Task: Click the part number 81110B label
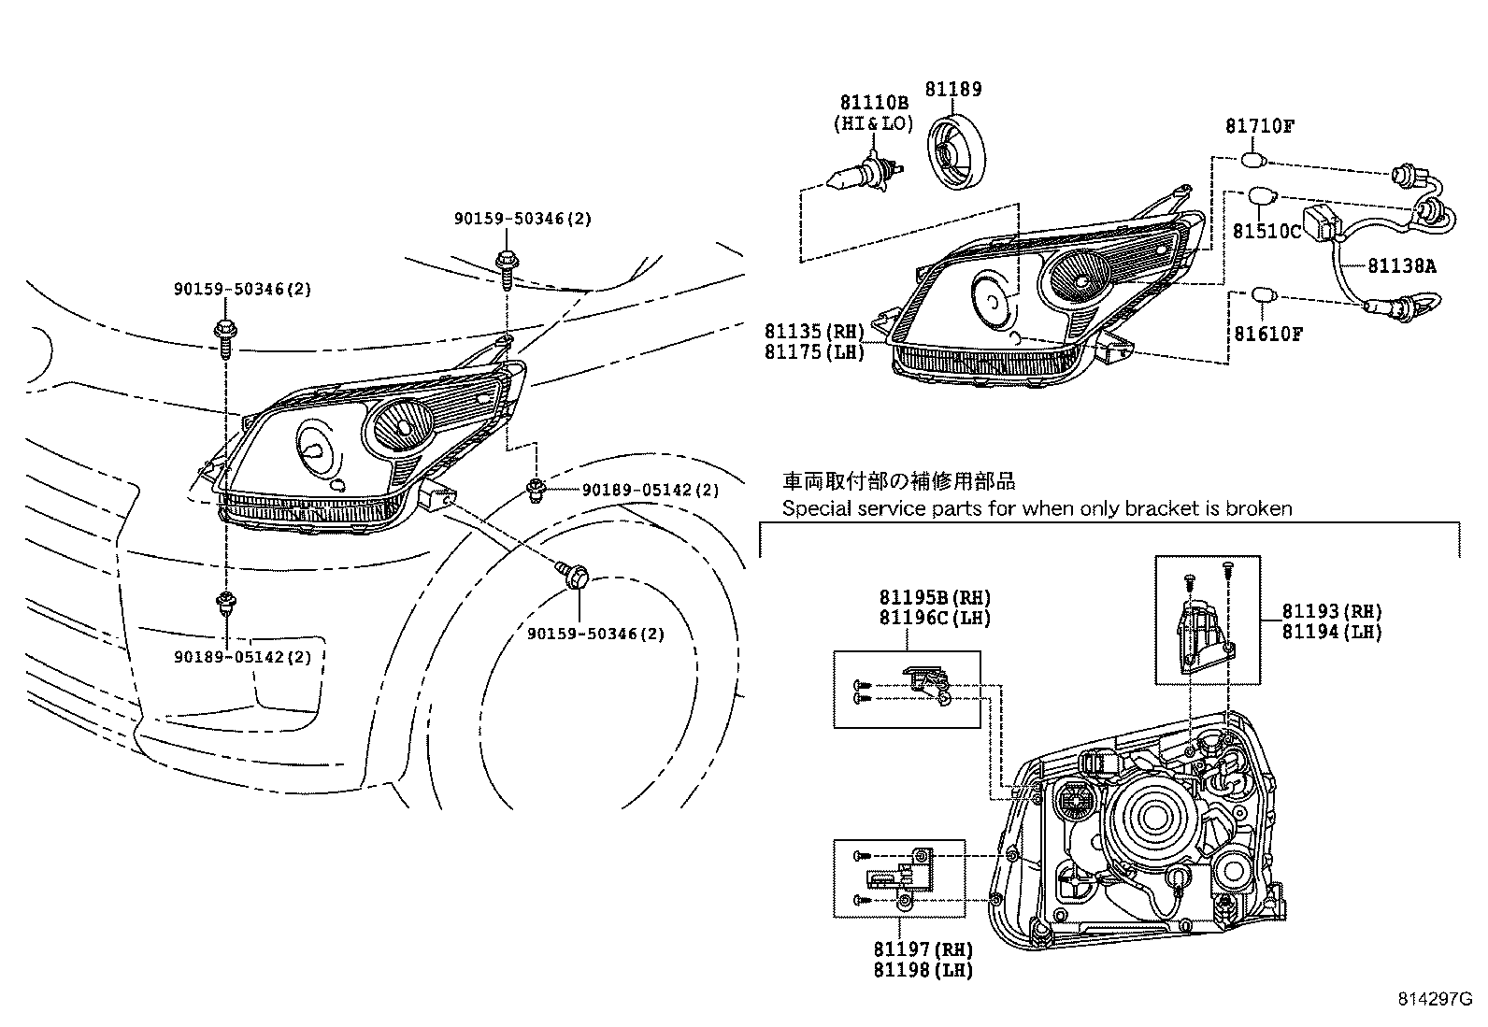(873, 103)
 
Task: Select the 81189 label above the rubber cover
(953, 90)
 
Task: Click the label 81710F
(1260, 126)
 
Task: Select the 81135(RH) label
(814, 331)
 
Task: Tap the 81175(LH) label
(814, 351)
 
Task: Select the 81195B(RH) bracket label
(934, 597)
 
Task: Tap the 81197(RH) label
(923, 949)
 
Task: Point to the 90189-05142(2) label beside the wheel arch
(651, 490)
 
